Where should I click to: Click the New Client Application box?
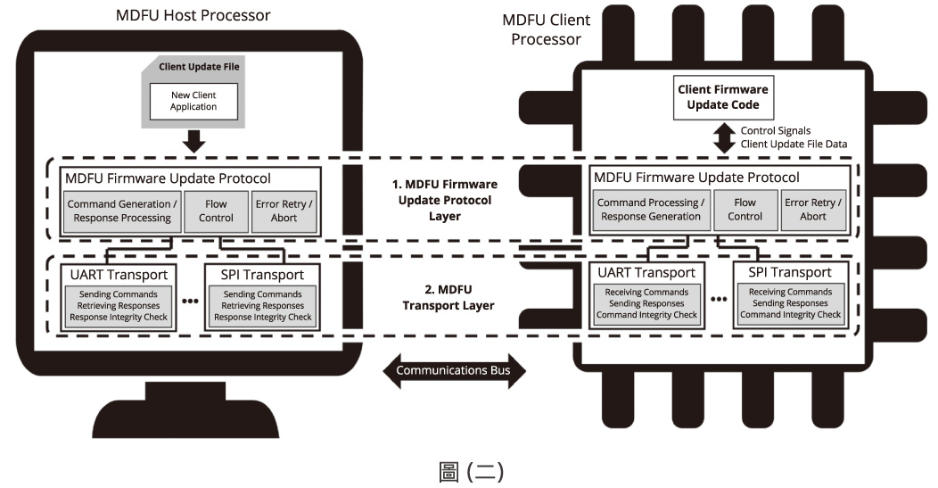(x=193, y=101)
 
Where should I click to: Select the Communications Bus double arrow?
(x=455, y=370)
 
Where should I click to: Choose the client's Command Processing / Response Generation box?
(x=649, y=211)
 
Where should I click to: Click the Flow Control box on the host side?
(x=216, y=211)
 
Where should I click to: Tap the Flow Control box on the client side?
(x=745, y=211)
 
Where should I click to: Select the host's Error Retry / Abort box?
(x=284, y=211)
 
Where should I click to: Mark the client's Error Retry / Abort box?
(x=812, y=211)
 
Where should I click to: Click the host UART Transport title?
(x=113, y=274)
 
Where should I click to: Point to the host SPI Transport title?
(x=264, y=274)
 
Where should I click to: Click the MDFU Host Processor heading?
(x=193, y=15)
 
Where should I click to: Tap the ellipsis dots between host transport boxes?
(x=189, y=301)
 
